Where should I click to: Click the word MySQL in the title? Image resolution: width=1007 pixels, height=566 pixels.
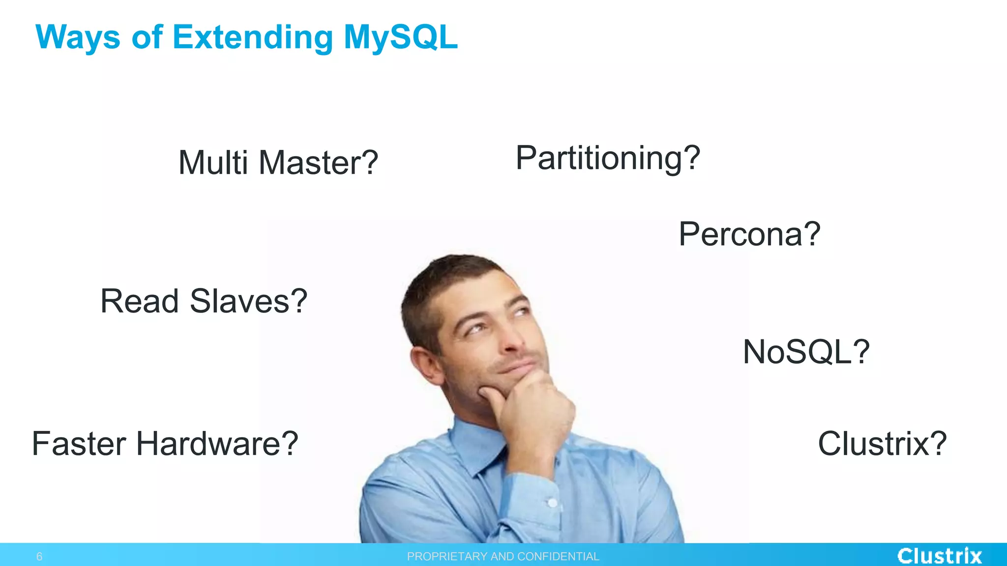pyautogui.click(x=400, y=37)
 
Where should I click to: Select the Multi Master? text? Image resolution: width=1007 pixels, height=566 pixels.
pyautogui.click(x=278, y=163)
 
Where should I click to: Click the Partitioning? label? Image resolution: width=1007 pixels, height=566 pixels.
pyautogui.click(x=608, y=158)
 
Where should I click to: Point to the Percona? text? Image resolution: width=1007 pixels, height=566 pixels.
pyautogui.click(x=749, y=234)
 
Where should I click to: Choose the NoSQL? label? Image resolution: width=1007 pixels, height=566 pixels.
pyautogui.click(x=806, y=352)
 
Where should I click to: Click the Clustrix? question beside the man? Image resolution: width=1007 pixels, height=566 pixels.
pyautogui.click(x=882, y=443)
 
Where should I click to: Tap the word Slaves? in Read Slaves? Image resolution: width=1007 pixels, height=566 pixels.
pyautogui.click(x=249, y=301)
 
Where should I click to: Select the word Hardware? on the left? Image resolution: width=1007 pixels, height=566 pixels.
pyautogui.click(x=217, y=443)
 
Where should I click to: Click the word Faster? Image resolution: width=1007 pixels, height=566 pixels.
pyautogui.click(x=79, y=443)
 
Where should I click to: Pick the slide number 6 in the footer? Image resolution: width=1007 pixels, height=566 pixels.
pyautogui.click(x=39, y=557)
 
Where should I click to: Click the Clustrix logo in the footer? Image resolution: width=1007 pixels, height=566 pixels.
pyautogui.click(x=939, y=556)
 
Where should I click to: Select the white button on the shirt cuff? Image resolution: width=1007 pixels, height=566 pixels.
pyautogui.click(x=552, y=503)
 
